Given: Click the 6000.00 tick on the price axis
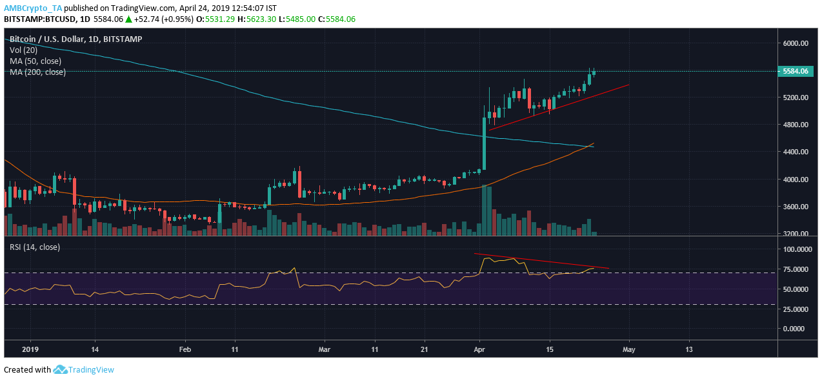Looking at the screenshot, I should point(796,43).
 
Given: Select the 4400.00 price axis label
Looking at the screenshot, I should point(796,152).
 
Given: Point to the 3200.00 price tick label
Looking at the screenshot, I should point(796,234).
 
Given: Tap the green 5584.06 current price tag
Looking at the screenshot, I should point(795,71).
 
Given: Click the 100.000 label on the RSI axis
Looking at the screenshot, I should point(796,249).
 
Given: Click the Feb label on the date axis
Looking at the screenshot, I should point(185,349).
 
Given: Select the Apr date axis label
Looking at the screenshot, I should point(479,349).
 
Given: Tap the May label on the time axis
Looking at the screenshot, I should point(628,349).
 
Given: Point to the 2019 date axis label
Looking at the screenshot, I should point(30,349).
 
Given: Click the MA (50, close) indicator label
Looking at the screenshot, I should point(35,61).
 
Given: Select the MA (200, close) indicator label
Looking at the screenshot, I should point(37,72).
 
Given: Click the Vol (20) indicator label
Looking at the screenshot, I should point(23,50).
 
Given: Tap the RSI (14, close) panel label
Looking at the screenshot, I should point(35,247).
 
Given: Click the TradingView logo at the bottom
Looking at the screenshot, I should point(84,370).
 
